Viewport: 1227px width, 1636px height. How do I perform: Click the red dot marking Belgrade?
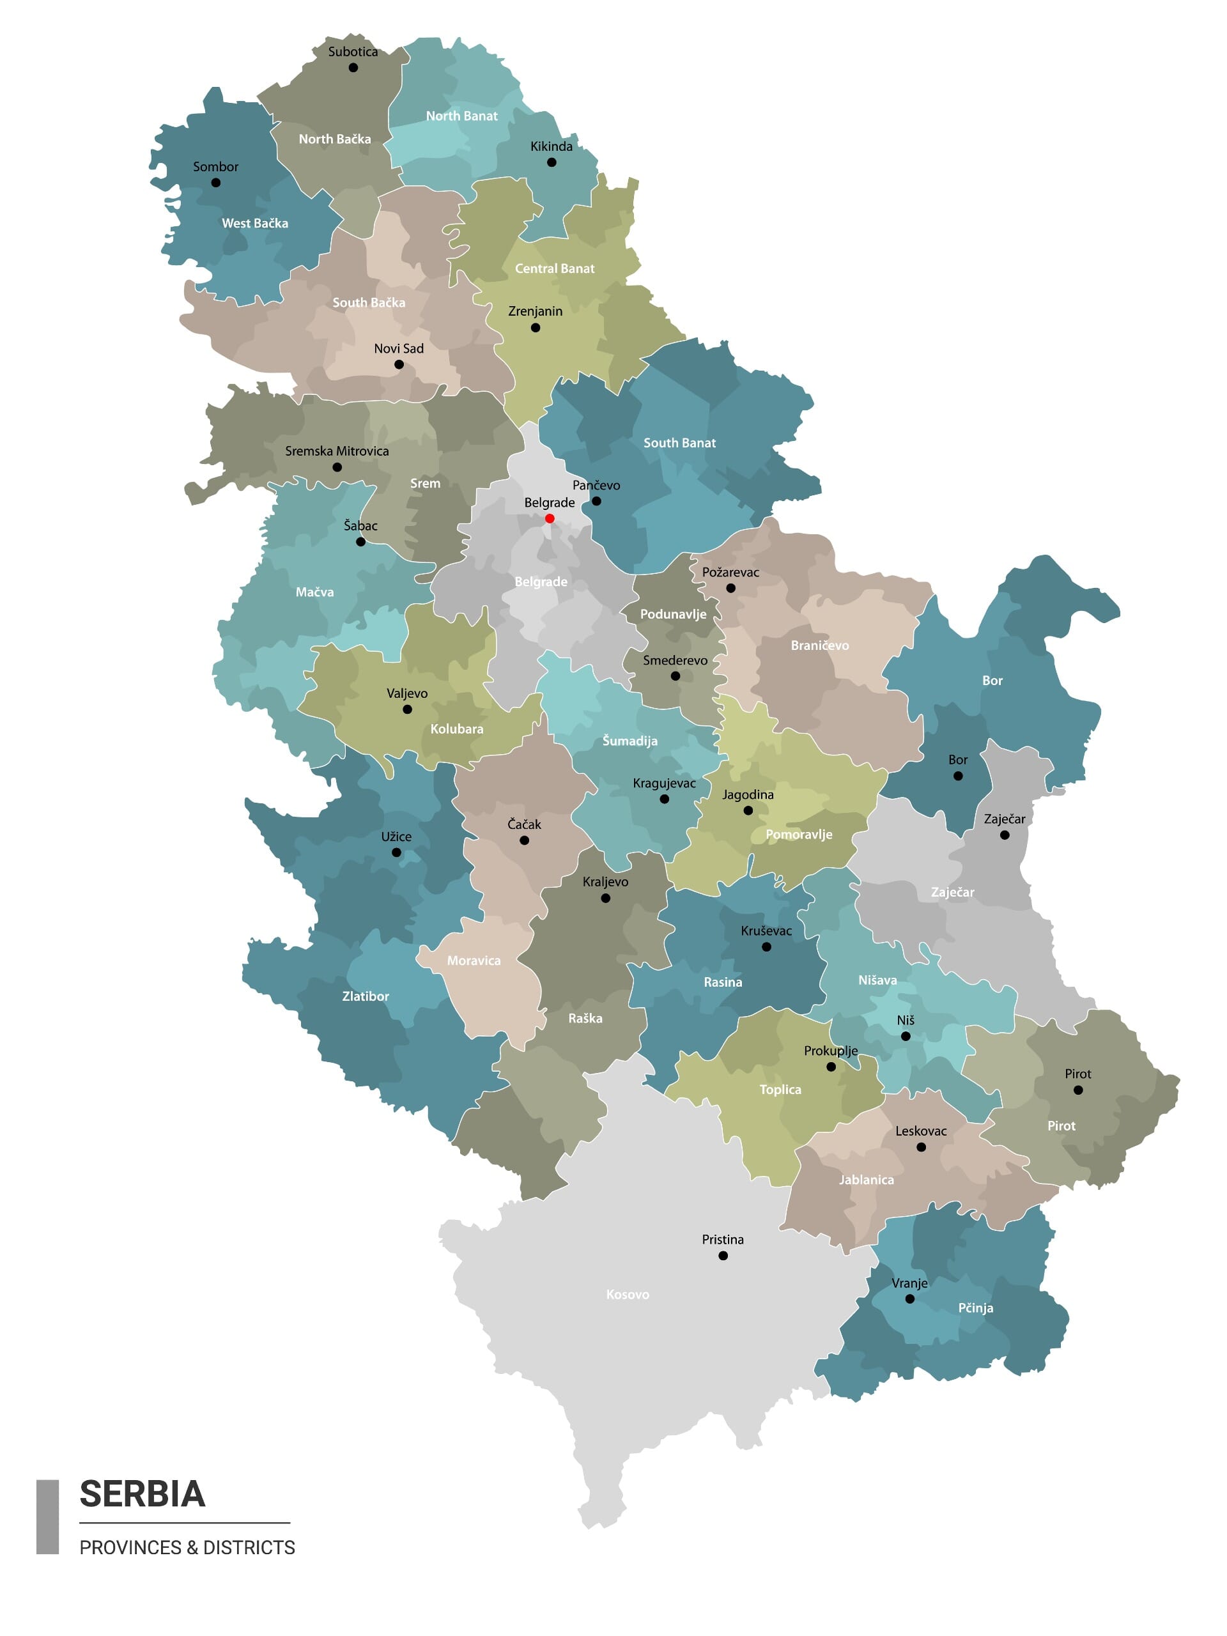pos(550,518)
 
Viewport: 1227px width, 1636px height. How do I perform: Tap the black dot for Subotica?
pos(353,67)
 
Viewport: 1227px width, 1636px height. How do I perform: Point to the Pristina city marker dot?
pos(723,1255)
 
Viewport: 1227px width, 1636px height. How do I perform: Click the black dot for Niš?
pos(906,1035)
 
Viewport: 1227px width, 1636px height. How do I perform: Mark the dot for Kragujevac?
pos(664,799)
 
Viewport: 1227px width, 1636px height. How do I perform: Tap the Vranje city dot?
pos(910,1298)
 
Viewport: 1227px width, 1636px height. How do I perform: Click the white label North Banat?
pos(461,116)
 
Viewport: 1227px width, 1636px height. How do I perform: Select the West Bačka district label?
pos(255,224)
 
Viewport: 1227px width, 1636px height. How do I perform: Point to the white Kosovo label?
pos(627,1294)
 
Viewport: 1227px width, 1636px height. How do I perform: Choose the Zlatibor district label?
pos(366,996)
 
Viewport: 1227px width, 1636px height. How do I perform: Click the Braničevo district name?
pos(819,645)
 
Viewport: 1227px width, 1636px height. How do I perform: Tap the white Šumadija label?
pos(629,741)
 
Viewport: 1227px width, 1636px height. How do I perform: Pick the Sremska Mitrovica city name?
pos(337,451)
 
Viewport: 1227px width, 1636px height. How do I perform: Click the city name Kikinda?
pos(551,146)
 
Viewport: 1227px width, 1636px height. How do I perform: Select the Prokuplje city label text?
pos(831,1051)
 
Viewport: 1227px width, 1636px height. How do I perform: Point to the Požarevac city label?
pos(730,573)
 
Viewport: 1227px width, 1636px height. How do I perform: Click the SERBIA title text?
pos(142,1495)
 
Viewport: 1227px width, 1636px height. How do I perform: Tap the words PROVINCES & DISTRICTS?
pos(187,1548)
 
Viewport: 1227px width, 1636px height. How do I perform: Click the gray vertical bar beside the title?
pos(47,1517)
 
